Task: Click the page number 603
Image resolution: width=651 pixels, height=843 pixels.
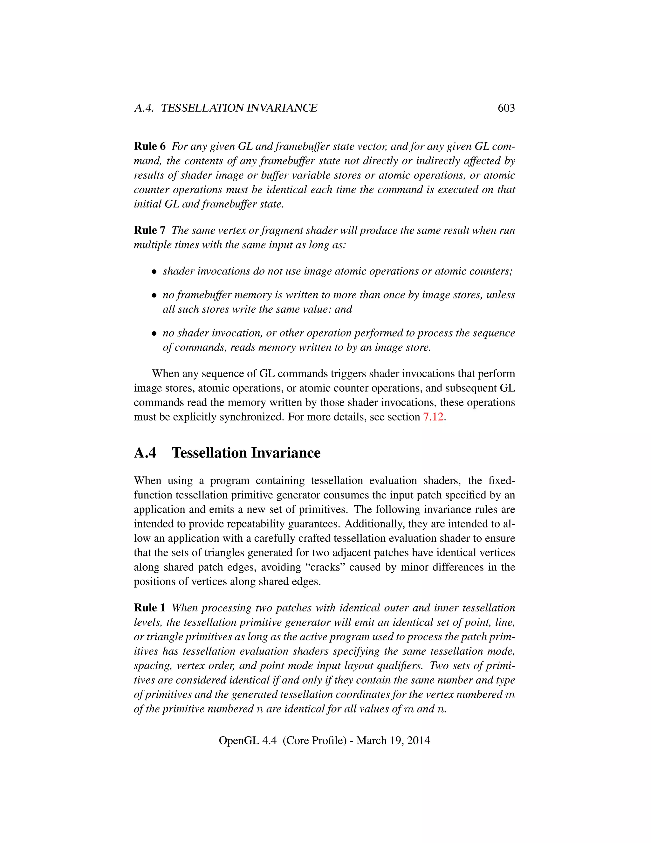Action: (x=506, y=108)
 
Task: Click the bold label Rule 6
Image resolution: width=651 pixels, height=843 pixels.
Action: (x=150, y=146)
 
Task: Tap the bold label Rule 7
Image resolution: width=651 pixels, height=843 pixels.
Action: (x=150, y=230)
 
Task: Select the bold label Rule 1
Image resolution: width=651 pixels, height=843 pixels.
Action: (x=150, y=608)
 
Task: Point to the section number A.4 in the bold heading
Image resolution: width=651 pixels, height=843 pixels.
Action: (x=145, y=453)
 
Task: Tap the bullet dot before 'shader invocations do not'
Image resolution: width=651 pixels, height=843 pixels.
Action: (x=154, y=272)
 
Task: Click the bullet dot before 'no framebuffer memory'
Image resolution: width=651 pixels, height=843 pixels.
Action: (x=154, y=296)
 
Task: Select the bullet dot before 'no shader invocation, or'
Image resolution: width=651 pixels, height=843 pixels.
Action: (x=154, y=333)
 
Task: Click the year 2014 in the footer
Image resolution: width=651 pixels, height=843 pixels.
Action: (x=418, y=740)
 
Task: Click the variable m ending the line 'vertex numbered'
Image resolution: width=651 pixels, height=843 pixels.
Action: (x=510, y=695)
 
